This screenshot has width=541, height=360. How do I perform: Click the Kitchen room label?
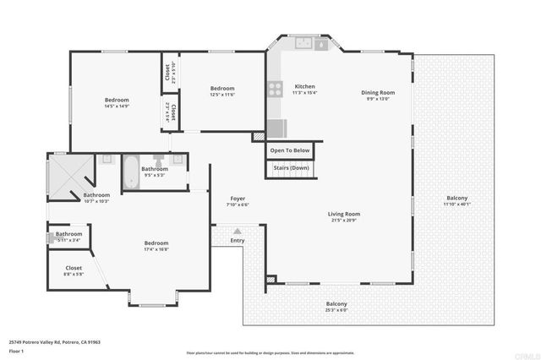click(x=304, y=87)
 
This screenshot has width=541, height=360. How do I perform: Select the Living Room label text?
click(x=344, y=214)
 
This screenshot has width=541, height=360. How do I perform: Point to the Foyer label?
click(x=238, y=199)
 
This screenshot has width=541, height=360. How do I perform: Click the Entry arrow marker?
click(x=238, y=231)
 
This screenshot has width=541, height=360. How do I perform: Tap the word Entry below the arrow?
click(x=238, y=241)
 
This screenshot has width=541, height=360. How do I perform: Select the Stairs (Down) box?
click(x=290, y=168)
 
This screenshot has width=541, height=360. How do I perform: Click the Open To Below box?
click(x=290, y=150)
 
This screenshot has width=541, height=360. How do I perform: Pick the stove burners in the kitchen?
click(x=275, y=87)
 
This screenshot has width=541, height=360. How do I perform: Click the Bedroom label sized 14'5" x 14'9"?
click(x=116, y=100)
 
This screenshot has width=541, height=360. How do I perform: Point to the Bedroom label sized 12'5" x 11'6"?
click(x=222, y=89)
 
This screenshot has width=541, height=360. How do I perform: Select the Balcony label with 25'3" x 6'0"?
click(x=336, y=304)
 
